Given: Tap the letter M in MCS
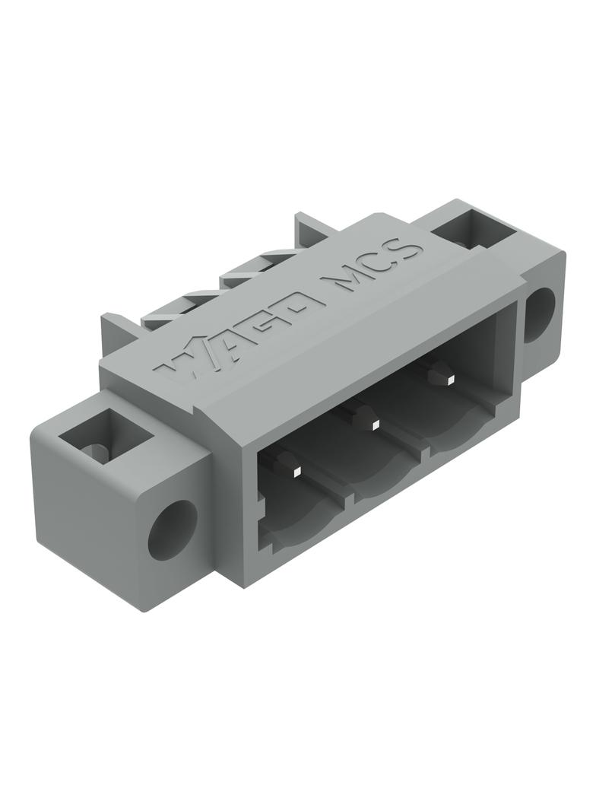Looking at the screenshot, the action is (341, 285).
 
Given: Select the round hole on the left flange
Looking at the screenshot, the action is (172, 530).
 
